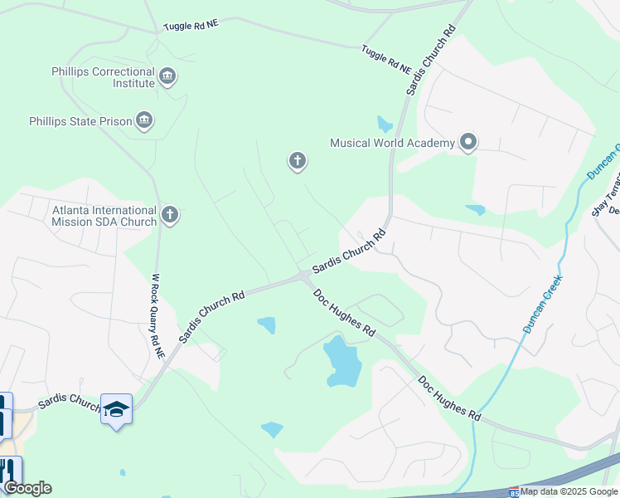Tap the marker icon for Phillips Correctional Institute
[168, 77]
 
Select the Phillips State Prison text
[80, 122]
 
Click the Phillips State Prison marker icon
[145, 121]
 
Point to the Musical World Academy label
[392, 143]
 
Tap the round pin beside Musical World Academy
[468, 143]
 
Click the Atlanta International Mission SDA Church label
[104, 216]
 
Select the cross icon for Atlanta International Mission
[170, 215]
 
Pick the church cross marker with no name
[298, 161]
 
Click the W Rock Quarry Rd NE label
[157, 310]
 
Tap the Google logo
[27, 488]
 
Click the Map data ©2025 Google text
[569, 491]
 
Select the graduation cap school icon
[116, 409]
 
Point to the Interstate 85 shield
[514, 492]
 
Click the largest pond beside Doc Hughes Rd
[342, 362]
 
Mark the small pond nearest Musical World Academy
[384, 124]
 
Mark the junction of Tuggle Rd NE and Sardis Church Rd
[412, 75]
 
